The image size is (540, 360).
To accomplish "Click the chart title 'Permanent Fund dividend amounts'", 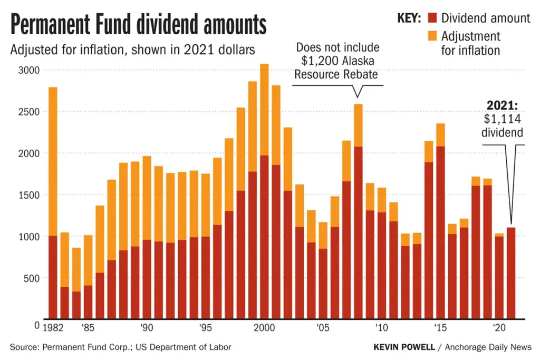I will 139,25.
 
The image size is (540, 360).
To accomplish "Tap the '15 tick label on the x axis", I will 440,328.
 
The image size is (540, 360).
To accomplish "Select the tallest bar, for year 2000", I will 264,211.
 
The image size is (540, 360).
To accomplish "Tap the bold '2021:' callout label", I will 502,105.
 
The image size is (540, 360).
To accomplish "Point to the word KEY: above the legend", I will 409,18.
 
